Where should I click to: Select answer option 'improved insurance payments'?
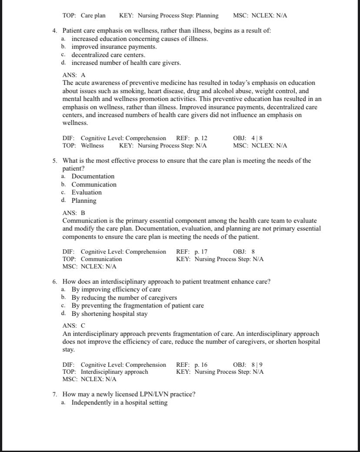pyautogui.click(x=114, y=47)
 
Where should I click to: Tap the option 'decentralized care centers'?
pyautogui.click(x=108, y=55)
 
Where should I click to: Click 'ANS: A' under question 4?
pyautogui.click(x=74, y=75)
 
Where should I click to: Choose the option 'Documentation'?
pyautogui.click(x=93, y=176)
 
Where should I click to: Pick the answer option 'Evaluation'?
pyautogui.click(x=87, y=192)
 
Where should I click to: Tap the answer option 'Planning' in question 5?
pyautogui.click(x=84, y=201)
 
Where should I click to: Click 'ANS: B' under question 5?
pyautogui.click(x=74, y=213)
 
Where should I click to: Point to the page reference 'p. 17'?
pyautogui.click(x=200, y=251)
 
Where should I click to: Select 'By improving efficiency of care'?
pyautogui.click(x=116, y=289)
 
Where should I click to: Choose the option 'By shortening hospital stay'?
pyautogui.click(x=110, y=314)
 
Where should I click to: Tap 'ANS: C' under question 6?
pyautogui.click(x=74, y=325)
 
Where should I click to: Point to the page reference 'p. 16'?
pyautogui.click(x=200, y=365)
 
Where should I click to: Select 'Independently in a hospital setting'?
pyautogui.click(x=120, y=402)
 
